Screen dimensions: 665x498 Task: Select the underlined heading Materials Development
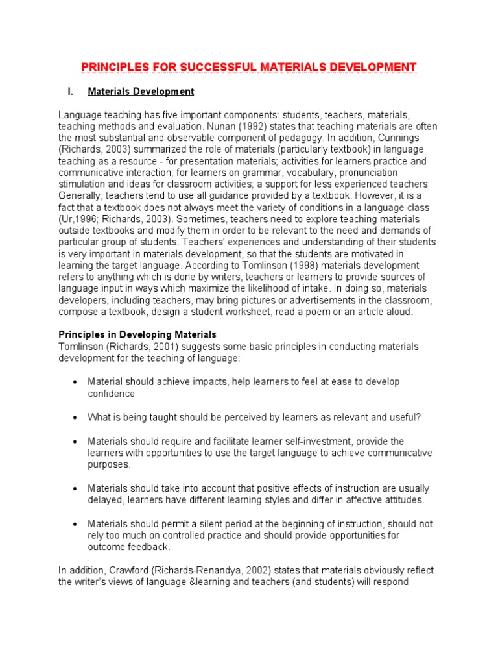click(141, 92)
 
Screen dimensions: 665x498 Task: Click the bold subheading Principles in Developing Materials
click(137, 335)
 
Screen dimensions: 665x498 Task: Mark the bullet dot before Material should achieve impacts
click(76, 383)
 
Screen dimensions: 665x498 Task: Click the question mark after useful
click(410, 417)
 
